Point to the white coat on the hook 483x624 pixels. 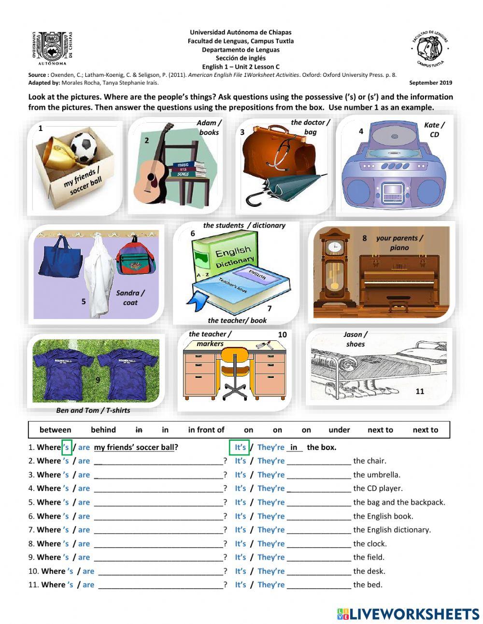(x=99, y=276)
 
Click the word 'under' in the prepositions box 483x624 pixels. (x=339, y=430)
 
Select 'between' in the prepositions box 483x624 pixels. (x=55, y=430)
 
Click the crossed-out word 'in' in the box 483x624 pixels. (x=139, y=430)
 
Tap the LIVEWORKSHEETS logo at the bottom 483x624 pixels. (x=408, y=614)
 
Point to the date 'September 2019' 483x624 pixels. (x=430, y=83)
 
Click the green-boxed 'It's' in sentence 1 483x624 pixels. (x=240, y=447)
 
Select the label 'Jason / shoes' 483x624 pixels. (x=355, y=339)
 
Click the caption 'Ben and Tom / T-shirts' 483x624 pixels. (x=93, y=410)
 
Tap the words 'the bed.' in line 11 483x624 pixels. (x=368, y=585)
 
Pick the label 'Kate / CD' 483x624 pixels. (x=434, y=130)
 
